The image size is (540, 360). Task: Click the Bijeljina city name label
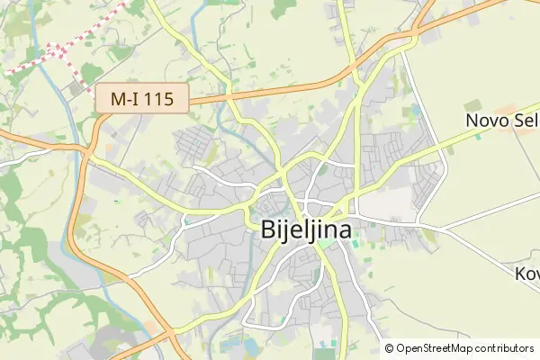307,229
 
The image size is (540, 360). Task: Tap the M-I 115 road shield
142,98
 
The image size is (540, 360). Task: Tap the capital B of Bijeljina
268,229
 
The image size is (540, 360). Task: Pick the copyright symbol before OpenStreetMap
390,347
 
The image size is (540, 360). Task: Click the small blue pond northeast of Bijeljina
415,113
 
